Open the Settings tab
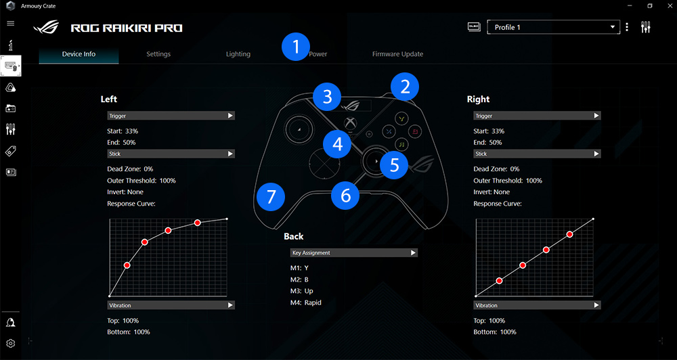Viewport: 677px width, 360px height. (158, 54)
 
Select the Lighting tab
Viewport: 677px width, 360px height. (238, 54)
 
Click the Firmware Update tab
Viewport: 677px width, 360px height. (397, 54)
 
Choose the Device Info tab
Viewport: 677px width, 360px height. (79, 54)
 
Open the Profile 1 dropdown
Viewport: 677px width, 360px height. (554, 27)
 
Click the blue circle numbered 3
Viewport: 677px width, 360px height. (328, 97)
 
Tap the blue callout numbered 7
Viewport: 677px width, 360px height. (271, 197)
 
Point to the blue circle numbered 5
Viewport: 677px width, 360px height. (394, 164)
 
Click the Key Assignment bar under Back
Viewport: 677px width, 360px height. (353, 252)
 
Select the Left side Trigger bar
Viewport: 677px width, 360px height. (171, 116)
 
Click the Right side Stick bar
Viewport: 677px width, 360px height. (537, 154)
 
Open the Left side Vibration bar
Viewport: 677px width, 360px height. (171, 305)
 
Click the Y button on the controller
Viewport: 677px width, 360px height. (402, 118)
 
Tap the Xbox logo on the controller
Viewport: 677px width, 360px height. (349, 123)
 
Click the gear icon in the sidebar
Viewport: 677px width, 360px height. (11, 343)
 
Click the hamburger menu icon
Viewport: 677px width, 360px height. (11, 23)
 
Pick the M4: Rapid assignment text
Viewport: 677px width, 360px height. (306, 302)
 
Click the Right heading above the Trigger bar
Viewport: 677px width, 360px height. (479, 99)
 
